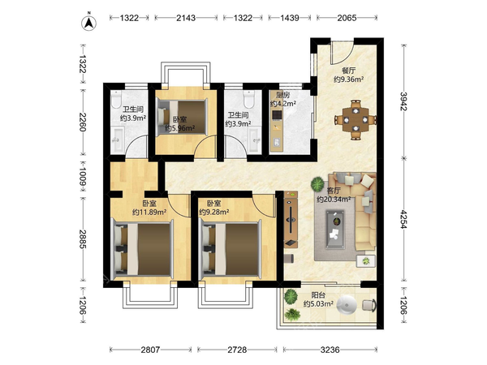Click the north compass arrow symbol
click(x=88, y=23)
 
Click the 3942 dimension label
click(x=403, y=101)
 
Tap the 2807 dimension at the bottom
click(x=150, y=350)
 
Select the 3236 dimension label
click(x=330, y=350)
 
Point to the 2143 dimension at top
click(x=186, y=18)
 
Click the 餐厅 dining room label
click(x=348, y=71)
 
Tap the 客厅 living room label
click(x=334, y=191)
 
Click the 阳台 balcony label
click(x=318, y=295)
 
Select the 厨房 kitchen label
click(x=282, y=95)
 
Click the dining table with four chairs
click(x=356, y=119)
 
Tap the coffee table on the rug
click(x=335, y=229)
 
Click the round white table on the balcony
click(x=347, y=306)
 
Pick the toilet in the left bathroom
click(x=116, y=99)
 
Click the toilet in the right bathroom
click(x=249, y=99)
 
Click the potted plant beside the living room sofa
click(x=317, y=184)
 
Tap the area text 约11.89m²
click(x=149, y=213)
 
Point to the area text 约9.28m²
click(x=214, y=213)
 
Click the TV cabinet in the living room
click(x=291, y=220)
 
